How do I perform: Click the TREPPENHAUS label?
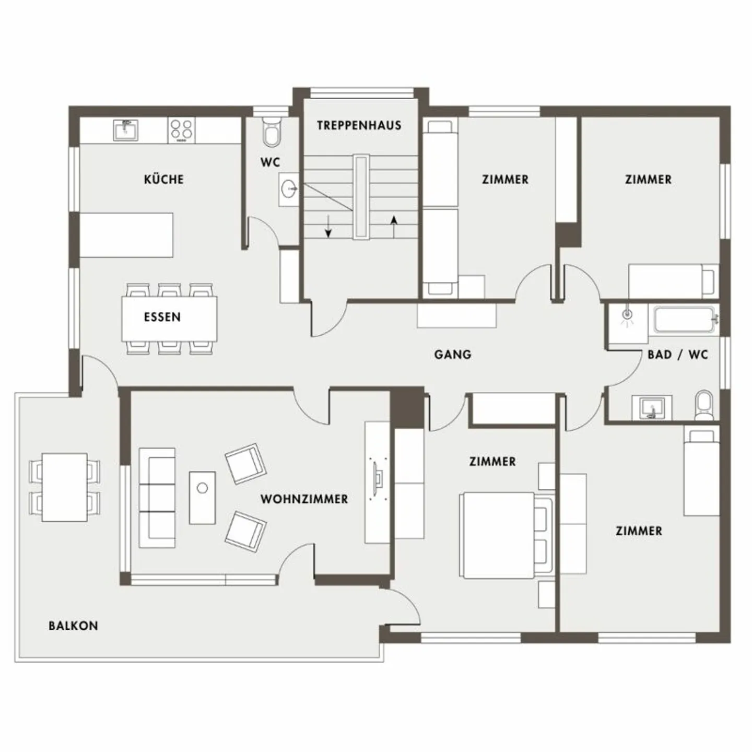tap(359, 125)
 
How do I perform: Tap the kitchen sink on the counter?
tap(125, 130)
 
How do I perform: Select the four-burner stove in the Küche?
tap(181, 130)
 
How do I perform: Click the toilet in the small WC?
tap(272, 133)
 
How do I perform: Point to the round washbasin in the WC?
tap(289, 189)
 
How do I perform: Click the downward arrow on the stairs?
tap(328, 226)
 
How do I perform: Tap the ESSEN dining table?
tap(169, 318)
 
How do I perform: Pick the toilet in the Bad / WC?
tap(703, 405)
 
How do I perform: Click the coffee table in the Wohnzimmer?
tap(202, 497)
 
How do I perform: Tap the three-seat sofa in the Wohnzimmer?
tap(157, 497)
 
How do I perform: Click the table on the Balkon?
tap(64, 487)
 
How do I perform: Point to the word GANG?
tap(452, 355)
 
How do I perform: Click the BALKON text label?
tap(73, 626)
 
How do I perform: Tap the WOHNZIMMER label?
tap(304, 499)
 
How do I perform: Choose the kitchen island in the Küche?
tap(126, 234)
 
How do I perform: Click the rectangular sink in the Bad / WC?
tap(651, 407)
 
